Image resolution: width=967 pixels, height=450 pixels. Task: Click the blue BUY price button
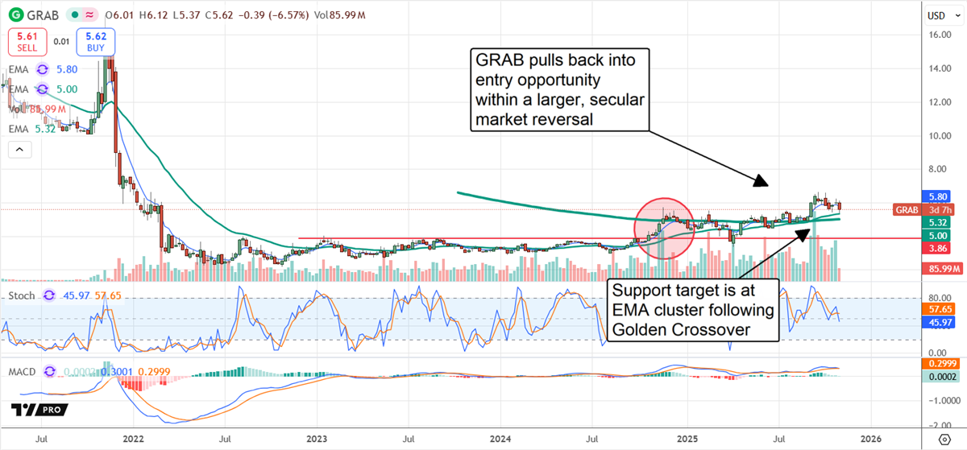point(96,41)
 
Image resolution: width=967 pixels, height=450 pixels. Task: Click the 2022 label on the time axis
point(135,439)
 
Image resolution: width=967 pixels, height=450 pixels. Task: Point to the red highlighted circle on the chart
point(664,228)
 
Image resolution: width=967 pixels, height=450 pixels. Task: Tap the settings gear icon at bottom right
point(944,439)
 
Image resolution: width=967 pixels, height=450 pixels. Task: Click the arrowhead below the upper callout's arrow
point(762,183)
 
